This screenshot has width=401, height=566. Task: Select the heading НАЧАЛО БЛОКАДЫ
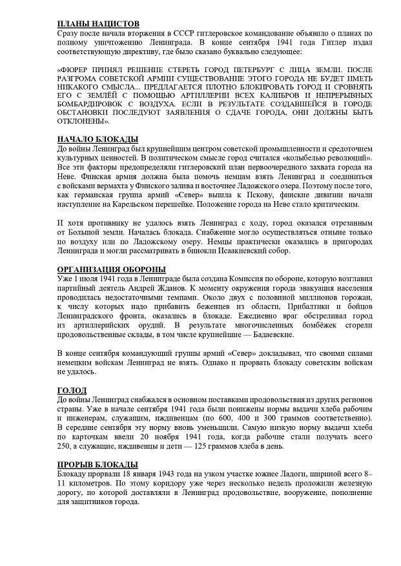click(x=98, y=139)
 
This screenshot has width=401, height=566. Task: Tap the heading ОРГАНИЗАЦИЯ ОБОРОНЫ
click(x=110, y=269)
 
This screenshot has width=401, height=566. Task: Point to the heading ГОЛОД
click(x=72, y=391)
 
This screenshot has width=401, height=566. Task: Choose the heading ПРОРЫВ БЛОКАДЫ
click(x=97, y=465)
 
